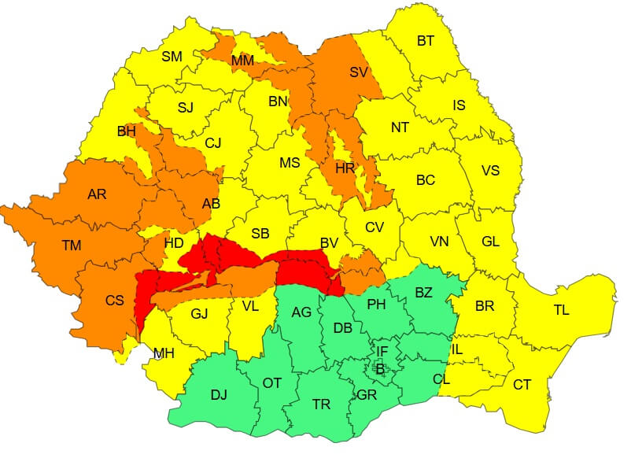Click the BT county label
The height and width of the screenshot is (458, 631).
pyautogui.click(x=425, y=42)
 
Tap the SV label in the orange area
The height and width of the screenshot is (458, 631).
pyautogui.click(x=359, y=72)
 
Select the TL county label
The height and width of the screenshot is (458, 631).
pyautogui.click(x=561, y=310)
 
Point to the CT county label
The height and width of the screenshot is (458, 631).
pyautogui.click(x=522, y=385)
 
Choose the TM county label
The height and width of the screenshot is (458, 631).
pyautogui.click(x=71, y=246)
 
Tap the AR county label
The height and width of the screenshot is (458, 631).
pyautogui.click(x=97, y=194)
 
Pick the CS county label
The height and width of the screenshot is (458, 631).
pyautogui.click(x=115, y=301)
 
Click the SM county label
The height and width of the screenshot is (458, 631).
pyautogui.click(x=172, y=57)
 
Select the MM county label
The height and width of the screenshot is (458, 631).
pyautogui.click(x=242, y=61)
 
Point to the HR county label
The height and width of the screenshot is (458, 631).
pyautogui.click(x=345, y=168)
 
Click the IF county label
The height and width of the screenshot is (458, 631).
pyautogui.click(x=382, y=351)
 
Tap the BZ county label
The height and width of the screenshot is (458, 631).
pyautogui.click(x=423, y=293)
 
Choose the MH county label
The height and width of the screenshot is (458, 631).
pyautogui.click(x=164, y=353)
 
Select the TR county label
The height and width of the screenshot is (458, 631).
pyautogui.click(x=321, y=404)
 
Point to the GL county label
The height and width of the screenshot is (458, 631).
pyautogui.click(x=490, y=242)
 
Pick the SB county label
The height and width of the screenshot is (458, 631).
pyautogui.click(x=260, y=234)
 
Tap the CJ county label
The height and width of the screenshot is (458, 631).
pyautogui.click(x=213, y=143)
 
